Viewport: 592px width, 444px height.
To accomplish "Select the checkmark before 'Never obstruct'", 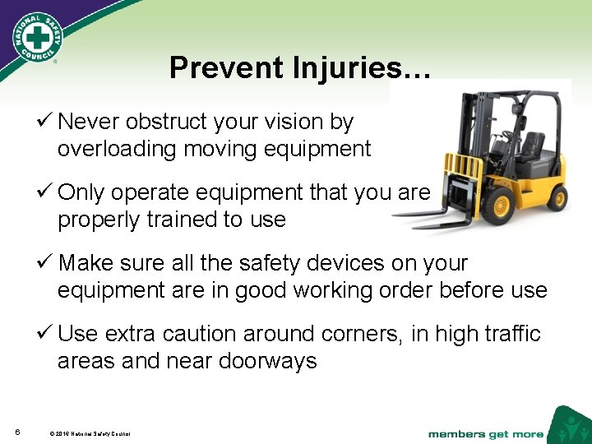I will (47, 123).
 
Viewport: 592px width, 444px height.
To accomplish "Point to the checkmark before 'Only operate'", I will (47, 192).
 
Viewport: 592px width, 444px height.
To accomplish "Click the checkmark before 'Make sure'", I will (47, 263).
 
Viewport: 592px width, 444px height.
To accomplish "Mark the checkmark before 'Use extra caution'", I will (47, 334).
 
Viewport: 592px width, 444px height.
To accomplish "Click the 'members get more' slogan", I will (485, 433).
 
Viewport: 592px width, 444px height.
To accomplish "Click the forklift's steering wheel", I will (507, 133).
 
